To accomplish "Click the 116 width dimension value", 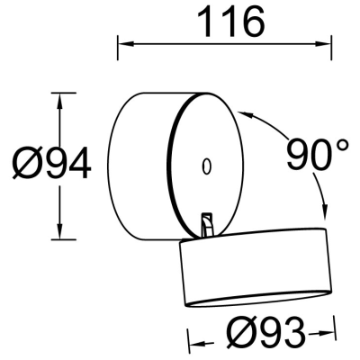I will click(x=232, y=21).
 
